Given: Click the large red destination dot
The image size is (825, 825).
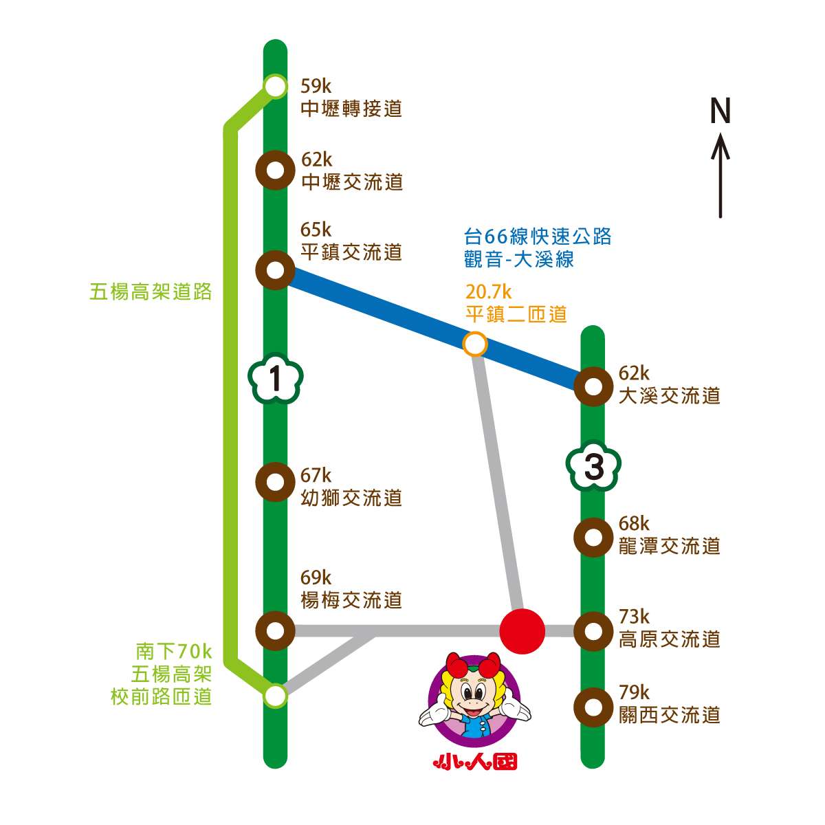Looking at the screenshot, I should [x=522, y=630].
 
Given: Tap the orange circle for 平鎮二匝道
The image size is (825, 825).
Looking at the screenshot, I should [x=475, y=343].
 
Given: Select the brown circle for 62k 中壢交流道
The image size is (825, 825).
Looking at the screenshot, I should [x=275, y=170].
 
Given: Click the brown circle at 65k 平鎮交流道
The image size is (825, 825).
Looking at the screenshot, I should [x=275, y=270].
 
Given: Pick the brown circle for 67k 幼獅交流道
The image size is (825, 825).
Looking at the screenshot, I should [x=275, y=481].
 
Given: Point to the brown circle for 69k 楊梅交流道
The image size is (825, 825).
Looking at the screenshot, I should [x=275, y=630].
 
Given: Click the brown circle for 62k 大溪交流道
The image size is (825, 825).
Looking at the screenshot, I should [x=593, y=386].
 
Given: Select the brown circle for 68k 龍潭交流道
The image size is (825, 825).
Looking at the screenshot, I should [x=593, y=538].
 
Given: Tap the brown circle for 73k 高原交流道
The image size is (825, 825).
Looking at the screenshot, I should [x=593, y=630].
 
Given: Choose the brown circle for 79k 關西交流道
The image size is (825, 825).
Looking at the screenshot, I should [x=593, y=707].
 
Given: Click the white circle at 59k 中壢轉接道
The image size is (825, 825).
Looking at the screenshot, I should [x=275, y=87].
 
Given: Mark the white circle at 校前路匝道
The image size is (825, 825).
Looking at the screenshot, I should [x=275, y=695].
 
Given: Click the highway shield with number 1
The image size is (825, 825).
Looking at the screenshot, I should [x=275, y=379].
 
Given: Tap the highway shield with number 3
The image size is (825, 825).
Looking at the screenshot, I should [x=593, y=467].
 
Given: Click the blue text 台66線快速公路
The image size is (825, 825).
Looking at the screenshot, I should [x=538, y=236].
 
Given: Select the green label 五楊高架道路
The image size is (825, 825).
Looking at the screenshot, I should [x=151, y=292].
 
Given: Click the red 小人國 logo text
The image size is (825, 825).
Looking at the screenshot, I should [x=475, y=761].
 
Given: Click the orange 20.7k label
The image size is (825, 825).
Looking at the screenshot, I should [x=489, y=292].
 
